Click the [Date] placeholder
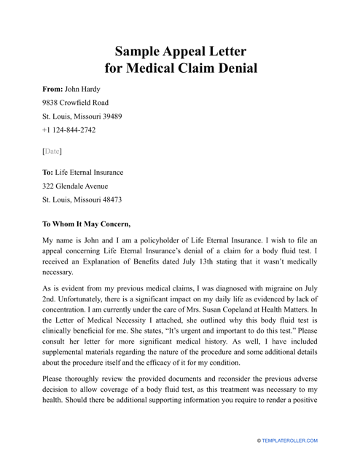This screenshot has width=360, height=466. tap(52, 151)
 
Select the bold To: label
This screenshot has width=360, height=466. tap(48, 173)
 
